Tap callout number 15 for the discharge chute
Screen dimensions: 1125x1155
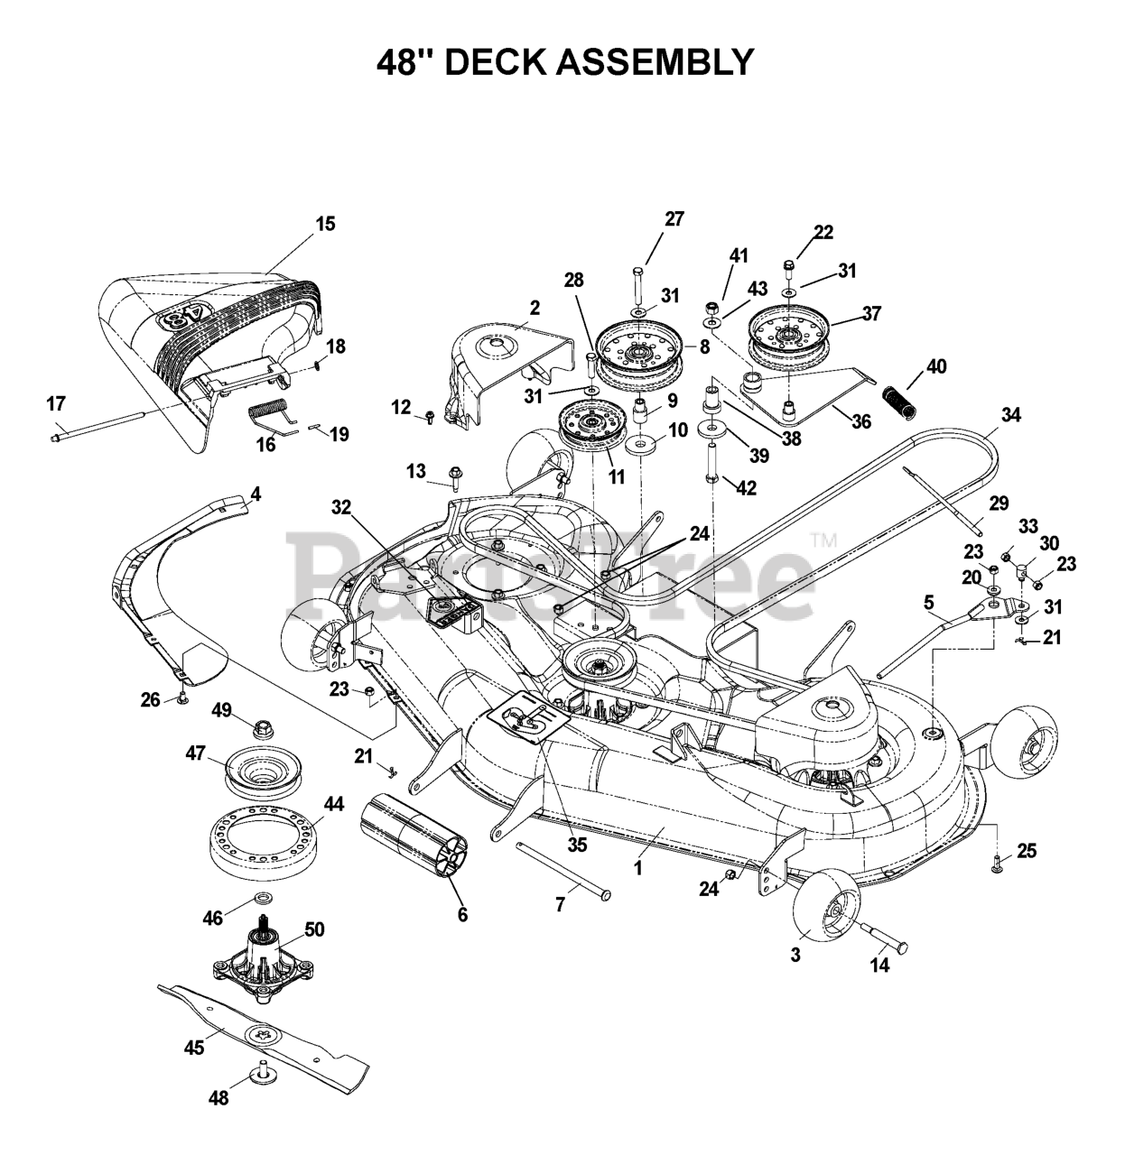[x=326, y=224]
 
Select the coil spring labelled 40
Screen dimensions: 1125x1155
[x=902, y=404]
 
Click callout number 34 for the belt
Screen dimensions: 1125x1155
[x=1010, y=415]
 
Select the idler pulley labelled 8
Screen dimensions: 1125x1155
[x=638, y=360]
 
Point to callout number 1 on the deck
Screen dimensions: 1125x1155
[x=638, y=868]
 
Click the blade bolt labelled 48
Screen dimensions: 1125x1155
[x=261, y=1090]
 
